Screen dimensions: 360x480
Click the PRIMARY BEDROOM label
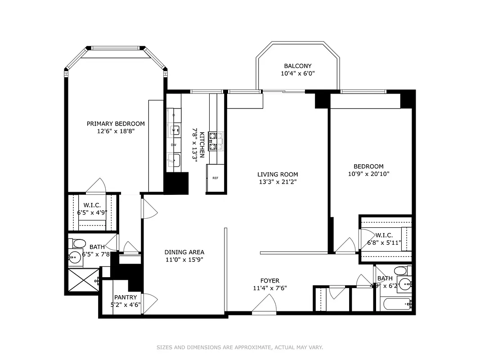[x=116, y=124]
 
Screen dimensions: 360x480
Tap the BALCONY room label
[x=297, y=66]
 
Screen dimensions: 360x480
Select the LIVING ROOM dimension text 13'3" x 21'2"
[x=278, y=182]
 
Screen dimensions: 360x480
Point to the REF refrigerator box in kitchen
[x=215, y=178]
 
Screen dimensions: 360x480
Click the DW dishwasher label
[x=173, y=145]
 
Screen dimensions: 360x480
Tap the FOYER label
[x=269, y=280]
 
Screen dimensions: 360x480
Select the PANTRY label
[x=126, y=297]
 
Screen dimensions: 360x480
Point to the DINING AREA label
[x=184, y=252]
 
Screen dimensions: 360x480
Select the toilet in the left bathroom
[x=79, y=243]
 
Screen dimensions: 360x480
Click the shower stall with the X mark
[x=82, y=280]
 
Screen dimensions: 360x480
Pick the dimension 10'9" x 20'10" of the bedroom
[x=368, y=174]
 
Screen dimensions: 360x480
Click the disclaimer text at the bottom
[x=240, y=347]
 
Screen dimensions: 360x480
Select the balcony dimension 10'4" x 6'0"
[x=297, y=74]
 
